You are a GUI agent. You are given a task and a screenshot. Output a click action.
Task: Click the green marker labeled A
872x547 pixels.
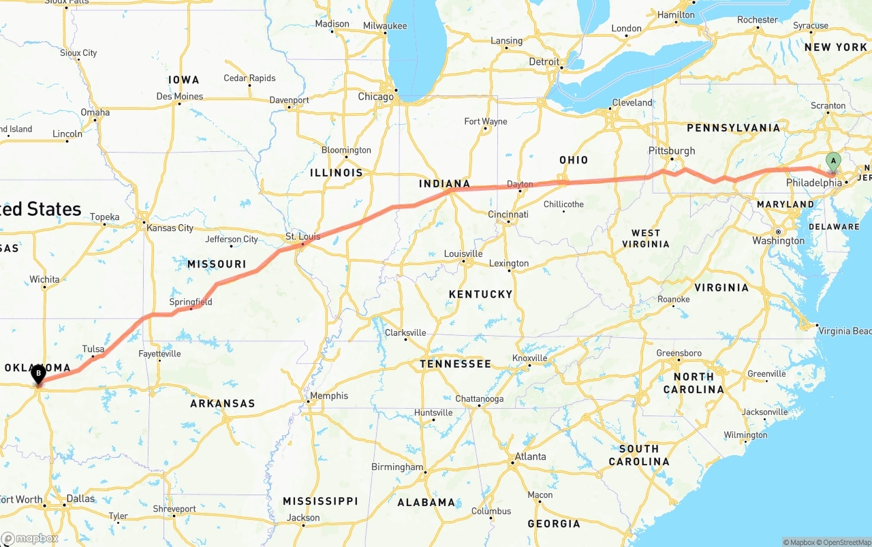(832, 161)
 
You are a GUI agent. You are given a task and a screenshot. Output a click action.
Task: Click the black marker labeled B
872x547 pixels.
(39, 373)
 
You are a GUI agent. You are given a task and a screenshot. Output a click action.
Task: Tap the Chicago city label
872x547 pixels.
(375, 97)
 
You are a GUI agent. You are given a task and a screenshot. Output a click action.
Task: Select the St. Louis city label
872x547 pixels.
(302, 237)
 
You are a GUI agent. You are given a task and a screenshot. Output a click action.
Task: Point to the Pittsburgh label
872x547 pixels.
(672, 151)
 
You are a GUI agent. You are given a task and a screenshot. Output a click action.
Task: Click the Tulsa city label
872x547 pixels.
(93, 349)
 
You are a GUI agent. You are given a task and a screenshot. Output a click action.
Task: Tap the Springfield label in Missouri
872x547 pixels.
(191, 302)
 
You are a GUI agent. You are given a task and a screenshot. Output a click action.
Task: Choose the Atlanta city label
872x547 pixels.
(530, 456)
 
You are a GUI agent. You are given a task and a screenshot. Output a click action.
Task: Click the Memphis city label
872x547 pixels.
(329, 396)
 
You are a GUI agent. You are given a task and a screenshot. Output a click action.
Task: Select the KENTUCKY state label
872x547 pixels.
(480, 294)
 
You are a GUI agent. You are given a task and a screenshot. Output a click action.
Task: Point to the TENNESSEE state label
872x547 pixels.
(455, 364)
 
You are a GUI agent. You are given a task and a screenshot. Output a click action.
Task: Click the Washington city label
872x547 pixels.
(778, 240)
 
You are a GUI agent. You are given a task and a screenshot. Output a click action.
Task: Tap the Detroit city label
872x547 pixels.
(544, 61)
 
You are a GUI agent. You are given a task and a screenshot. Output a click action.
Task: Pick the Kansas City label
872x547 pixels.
(170, 228)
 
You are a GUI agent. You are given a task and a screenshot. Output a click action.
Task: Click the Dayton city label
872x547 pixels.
(520, 184)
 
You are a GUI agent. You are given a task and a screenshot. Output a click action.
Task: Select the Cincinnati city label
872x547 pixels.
(508, 214)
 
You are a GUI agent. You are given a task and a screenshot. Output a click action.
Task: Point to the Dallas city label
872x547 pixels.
(81, 499)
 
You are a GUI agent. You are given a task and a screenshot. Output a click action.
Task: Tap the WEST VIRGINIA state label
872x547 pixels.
(646, 238)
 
